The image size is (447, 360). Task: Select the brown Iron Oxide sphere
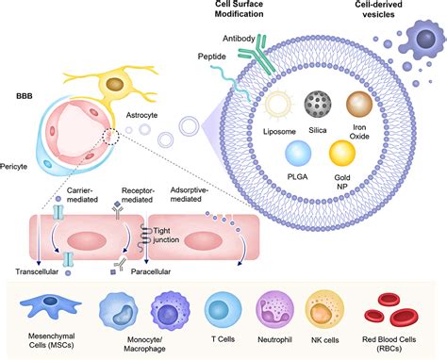(363, 104)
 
